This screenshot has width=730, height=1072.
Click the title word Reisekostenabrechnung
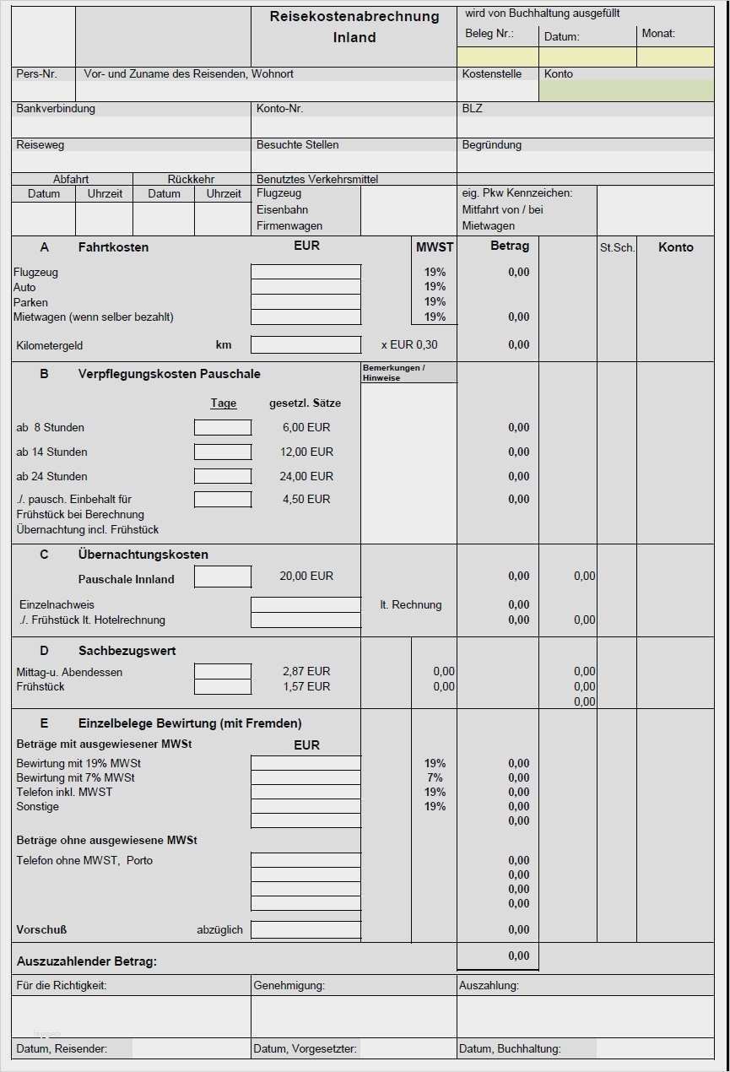[x=354, y=17]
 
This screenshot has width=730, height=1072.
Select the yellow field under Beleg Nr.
[x=498, y=57]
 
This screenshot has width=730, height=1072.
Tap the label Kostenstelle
[x=492, y=74]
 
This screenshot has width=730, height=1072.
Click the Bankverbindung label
[x=56, y=109]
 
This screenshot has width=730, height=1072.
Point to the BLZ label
[x=473, y=109]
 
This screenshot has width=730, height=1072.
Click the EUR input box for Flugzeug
[x=306, y=272]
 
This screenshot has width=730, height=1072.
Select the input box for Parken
[x=306, y=302]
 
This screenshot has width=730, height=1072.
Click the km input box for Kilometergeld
[x=306, y=344]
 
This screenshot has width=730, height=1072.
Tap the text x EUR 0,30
[x=409, y=345]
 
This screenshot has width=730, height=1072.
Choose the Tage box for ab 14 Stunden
[x=223, y=452]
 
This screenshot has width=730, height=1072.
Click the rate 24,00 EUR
[x=306, y=476]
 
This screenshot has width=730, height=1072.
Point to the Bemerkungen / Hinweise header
[x=408, y=373]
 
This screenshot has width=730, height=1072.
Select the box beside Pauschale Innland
[x=223, y=577]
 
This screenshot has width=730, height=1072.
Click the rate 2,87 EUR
[x=306, y=672]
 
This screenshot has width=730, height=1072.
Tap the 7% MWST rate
[x=435, y=777]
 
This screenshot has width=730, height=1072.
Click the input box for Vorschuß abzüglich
[x=306, y=929]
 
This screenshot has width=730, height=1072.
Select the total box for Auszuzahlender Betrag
[x=498, y=956]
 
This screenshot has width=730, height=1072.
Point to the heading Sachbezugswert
[x=127, y=651]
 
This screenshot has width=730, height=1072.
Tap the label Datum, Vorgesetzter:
[x=306, y=1049]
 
